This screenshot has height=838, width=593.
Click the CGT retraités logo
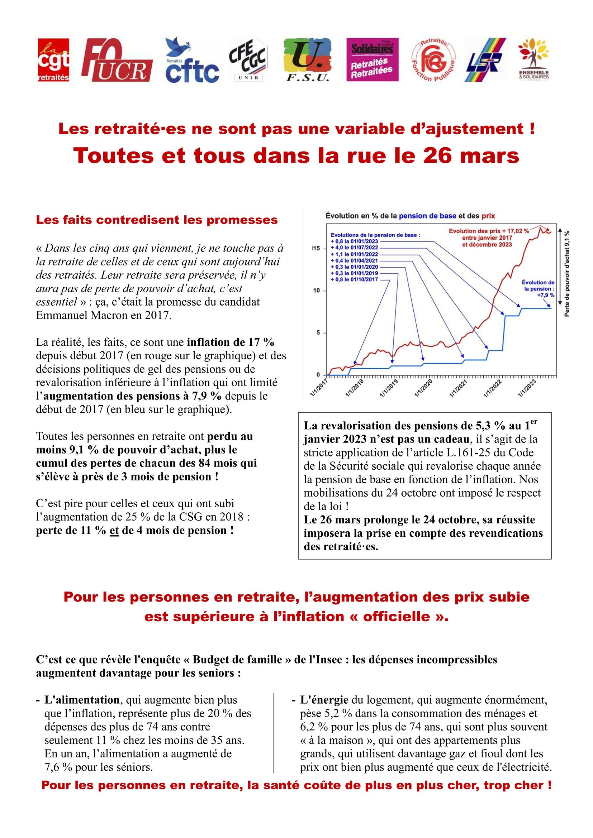click(53, 60)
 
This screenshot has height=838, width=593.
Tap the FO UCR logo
click(117, 61)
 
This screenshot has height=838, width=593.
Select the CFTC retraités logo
click(192, 61)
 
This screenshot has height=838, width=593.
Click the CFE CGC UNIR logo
click(248, 60)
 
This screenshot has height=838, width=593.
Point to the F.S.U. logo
click(308, 60)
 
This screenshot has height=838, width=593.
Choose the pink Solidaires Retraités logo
click(372, 60)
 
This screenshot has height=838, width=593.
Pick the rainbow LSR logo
click(485, 60)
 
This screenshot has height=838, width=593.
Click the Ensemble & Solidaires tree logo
click(533, 60)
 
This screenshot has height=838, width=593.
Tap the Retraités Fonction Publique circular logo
click(433, 61)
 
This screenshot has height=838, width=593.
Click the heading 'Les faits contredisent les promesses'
click(157, 220)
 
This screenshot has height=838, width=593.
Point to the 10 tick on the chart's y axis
click(317, 291)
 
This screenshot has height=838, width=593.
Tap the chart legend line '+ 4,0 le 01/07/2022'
click(354, 248)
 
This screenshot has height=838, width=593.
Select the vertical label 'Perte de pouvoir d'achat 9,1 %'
click(567, 273)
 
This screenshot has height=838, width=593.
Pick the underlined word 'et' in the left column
click(114, 530)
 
